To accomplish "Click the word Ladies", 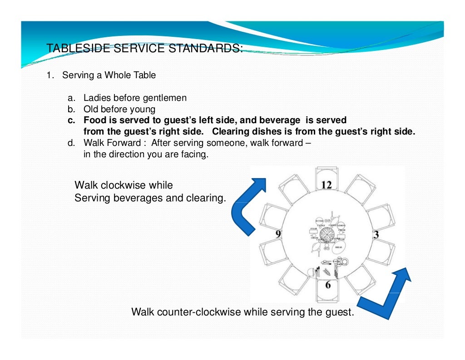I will [x=97, y=98].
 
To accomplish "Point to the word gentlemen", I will [x=164, y=98].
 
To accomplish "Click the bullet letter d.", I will [x=71, y=143].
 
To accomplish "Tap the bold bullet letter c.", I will [x=71, y=120].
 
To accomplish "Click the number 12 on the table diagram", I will [x=327, y=185].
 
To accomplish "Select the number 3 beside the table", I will [x=376, y=235].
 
